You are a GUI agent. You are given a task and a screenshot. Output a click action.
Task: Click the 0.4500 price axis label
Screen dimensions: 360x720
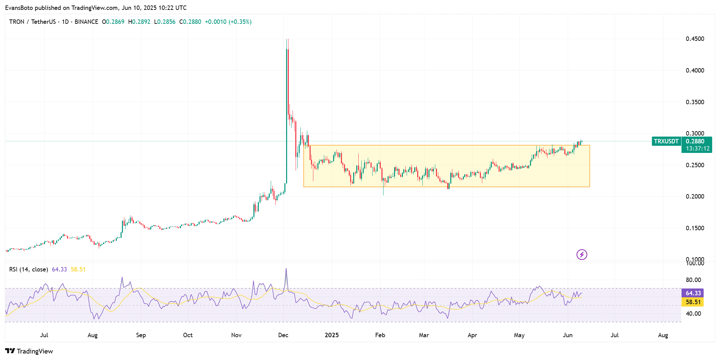point(695,39)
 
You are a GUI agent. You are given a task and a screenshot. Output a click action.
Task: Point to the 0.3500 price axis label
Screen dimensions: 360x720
point(695,102)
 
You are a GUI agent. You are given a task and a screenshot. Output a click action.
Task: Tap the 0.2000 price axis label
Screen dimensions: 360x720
point(695,197)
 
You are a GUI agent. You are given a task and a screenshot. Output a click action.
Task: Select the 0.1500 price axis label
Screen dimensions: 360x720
point(695,228)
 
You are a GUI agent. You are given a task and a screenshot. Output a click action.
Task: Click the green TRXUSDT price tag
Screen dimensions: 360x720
point(666,141)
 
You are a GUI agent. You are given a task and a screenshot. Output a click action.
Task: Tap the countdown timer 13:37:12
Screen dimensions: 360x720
point(698,148)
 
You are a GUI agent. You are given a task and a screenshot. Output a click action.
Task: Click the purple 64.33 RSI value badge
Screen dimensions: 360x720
point(693,293)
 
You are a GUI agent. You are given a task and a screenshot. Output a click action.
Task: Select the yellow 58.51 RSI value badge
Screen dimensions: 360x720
point(693,302)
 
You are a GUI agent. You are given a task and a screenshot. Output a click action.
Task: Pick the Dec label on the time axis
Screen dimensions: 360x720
point(283,335)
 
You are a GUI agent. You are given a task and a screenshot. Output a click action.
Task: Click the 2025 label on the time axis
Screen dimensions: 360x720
point(332,335)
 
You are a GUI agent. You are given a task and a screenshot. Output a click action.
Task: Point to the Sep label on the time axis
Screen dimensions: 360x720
point(141,335)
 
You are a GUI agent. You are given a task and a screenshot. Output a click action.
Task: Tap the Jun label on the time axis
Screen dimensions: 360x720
point(567,335)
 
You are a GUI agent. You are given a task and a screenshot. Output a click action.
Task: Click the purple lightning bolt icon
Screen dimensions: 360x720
point(582,254)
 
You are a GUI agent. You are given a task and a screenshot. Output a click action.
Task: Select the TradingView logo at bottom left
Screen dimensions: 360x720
point(29,351)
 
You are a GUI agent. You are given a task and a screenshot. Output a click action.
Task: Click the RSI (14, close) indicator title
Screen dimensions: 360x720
point(29,269)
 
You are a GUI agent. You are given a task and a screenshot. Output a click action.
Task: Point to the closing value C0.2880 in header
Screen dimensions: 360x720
point(190,22)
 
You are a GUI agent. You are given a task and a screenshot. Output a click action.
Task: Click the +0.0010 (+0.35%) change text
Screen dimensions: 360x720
point(228,22)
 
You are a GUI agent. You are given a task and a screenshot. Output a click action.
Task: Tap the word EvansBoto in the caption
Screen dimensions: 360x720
point(19,7)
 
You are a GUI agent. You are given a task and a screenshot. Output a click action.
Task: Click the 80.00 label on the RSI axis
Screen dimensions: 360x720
point(693,280)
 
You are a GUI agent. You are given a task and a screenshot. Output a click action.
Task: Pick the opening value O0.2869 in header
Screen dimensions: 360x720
point(113,22)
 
